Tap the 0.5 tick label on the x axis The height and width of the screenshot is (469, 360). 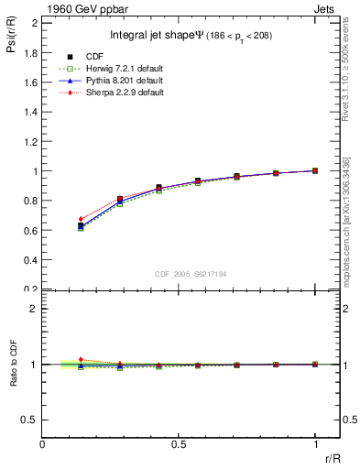pyautogui.click(x=179, y=444)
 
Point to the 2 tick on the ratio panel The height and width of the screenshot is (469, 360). pyautogui.click(x=35, y=309)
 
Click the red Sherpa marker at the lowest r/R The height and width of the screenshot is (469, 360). pyautogui.click(x=81, y=220)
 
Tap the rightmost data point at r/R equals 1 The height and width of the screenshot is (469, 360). pyautogui.click(x=315, y=170)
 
